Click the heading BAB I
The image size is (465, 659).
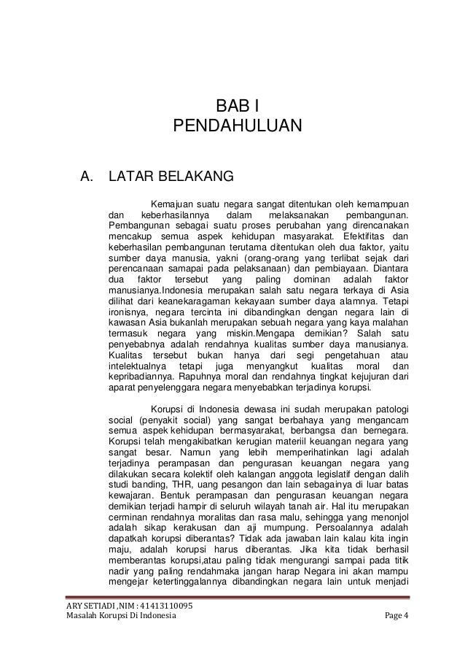click(x=232, y=108)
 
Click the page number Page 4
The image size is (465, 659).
click(x=396, y=620)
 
